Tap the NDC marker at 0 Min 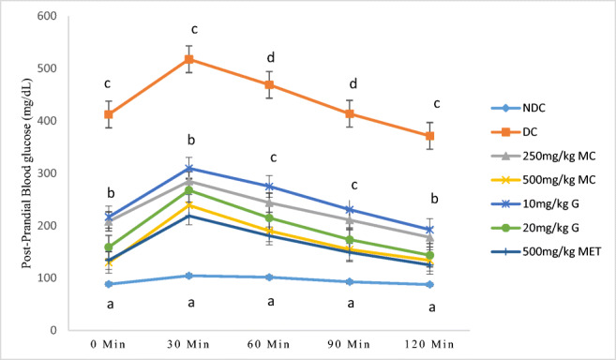point(109,284)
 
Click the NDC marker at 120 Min point(430,284)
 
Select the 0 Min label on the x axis point(109,344)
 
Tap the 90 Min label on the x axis point(350,344)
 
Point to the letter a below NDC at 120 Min point(430,307)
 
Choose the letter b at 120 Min point(430,199)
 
